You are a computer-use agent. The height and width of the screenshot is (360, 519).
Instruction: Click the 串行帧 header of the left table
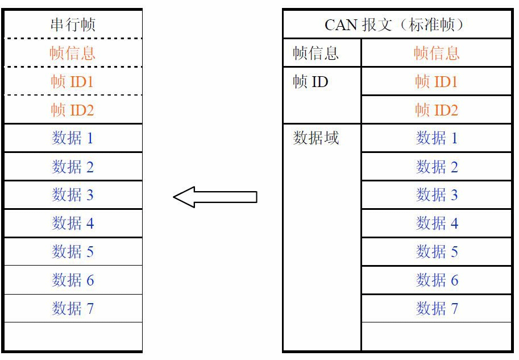pyautogui.click(x=73, y=24)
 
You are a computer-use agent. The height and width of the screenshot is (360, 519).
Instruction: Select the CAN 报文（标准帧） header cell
pyautogui.click(x=396, y=24)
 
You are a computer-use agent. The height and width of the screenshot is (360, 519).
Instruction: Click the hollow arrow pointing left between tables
pyautogui.click(x=215, y=197)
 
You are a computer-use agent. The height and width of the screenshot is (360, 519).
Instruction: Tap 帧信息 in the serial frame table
pyautogui.click(x=73, y=53)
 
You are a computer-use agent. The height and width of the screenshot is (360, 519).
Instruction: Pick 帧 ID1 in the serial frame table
pyautogui.click(x=73, y=81)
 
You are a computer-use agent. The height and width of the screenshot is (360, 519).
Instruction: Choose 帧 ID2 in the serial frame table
pyautogui.click(x=73, y=110)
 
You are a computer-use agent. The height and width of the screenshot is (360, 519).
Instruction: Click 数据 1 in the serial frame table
pyautogui.click(x=73, y=138)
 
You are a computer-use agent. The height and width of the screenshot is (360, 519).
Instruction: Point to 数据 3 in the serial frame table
pyautogui.click(x=73, y=195)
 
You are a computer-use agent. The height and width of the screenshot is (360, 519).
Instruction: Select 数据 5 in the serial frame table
pyautogui.click(x=73, y=252)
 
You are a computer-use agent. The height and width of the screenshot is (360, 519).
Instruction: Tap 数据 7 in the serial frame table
pyautogui.click(x=73, y=309)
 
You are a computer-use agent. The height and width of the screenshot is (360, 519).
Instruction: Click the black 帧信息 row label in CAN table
pyautogui.click(x=316, y=53)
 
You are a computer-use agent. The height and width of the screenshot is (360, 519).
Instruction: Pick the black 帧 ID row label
pyautogui.click(x=311, y=82)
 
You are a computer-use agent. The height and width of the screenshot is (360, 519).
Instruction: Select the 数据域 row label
pyautogui.click(x=316, y=138)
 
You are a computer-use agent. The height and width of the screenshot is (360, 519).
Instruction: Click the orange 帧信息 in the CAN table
pyautogui.click(x=437, y=53)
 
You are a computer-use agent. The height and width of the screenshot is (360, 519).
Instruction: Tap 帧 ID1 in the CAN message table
pyautogui.click(x=437, y=81)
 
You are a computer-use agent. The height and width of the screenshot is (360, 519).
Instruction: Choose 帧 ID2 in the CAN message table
pyautogui.click(x=437, y=110)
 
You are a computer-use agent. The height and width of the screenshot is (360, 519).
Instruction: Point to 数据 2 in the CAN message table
pyautogui.click(x=437, y=167)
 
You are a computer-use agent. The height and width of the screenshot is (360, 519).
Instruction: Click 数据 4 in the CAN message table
pyautogui.click(x=437, y=224)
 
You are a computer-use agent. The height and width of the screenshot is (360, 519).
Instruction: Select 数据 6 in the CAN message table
pyautogui.click(x=437, y=280)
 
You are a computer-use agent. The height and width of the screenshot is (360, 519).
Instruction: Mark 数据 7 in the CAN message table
pyautogui.click(x=437, y=309)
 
